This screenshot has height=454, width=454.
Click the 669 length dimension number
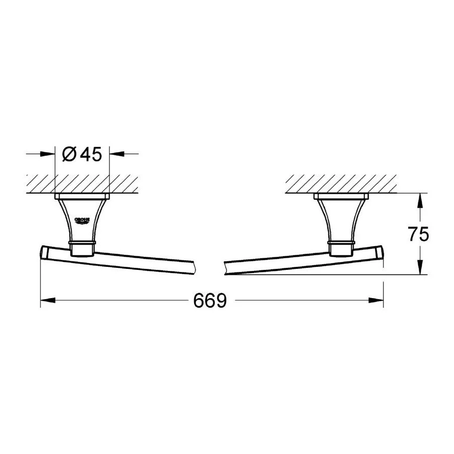point(210,301)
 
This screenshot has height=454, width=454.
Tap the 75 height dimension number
point(418,234)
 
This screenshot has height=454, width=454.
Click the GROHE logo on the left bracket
point(82,221)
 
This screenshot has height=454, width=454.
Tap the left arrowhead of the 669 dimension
point(48,301)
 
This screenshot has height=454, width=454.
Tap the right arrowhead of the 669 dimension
point(376,301)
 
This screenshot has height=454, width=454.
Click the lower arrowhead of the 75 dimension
point(420,267)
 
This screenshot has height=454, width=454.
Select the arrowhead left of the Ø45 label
point(47,154)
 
